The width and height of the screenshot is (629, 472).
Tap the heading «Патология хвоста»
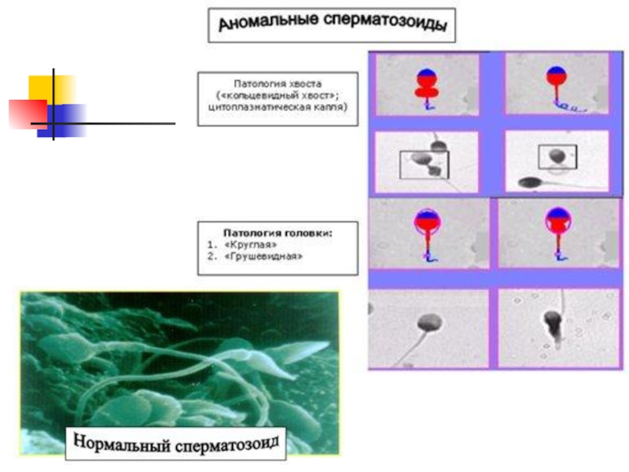click(x=277, y=83)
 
